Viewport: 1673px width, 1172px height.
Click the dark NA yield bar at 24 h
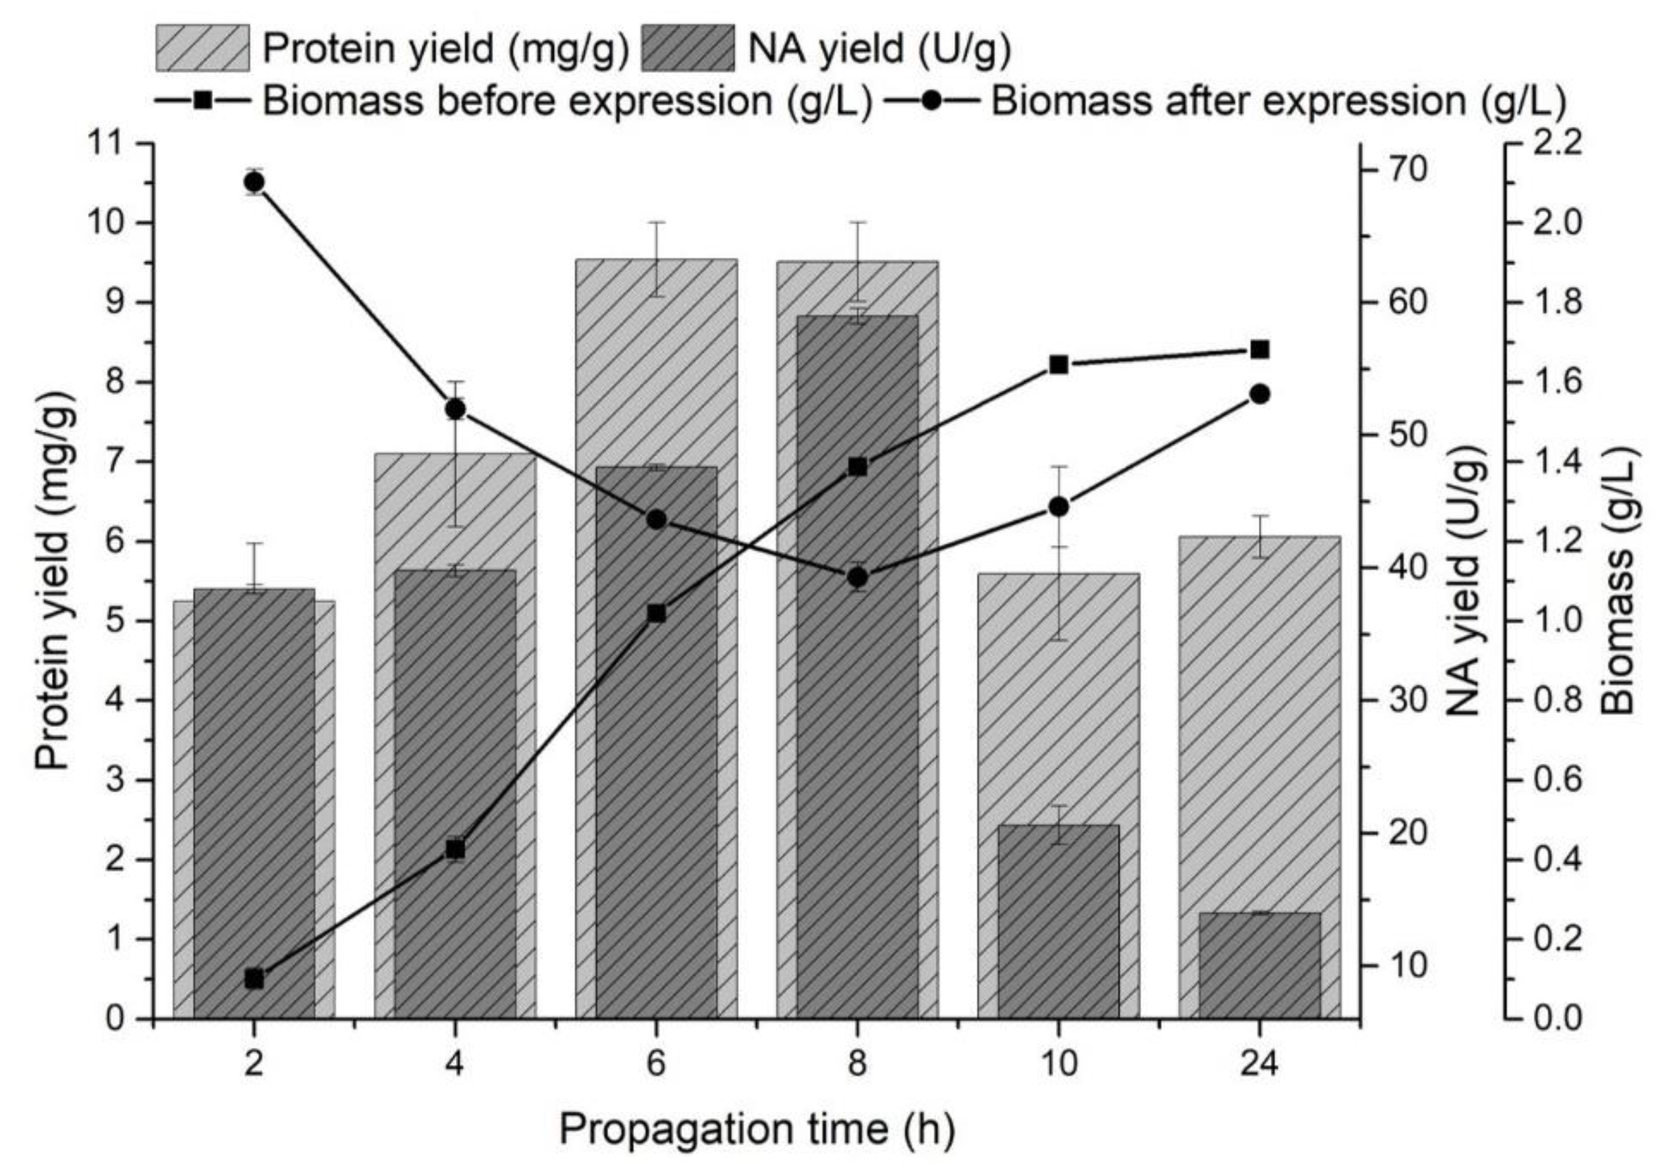pos(1259,966)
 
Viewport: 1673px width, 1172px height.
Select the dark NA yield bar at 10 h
pos(1058,922)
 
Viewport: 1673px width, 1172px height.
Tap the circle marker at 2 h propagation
pos(255,182)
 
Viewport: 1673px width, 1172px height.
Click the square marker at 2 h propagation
pos(255,979)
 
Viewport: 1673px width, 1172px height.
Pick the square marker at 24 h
pos(1259,350)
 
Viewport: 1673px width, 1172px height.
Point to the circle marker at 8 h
pos(858,578)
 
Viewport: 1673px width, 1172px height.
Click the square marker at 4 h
pos(455,849)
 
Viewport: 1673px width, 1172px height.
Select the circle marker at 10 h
pos(1058,507)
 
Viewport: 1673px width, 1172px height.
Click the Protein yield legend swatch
pos(203,48)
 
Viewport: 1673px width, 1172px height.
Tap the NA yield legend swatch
pos(688,48)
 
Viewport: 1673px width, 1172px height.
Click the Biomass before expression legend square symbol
pos(203,100)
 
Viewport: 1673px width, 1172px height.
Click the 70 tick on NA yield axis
pos(1407,170)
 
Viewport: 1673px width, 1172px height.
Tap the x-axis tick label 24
pos(1259,1065)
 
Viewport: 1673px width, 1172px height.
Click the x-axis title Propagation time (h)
pos(757,1130)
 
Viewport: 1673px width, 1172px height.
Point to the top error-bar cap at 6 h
pos(657,222)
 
